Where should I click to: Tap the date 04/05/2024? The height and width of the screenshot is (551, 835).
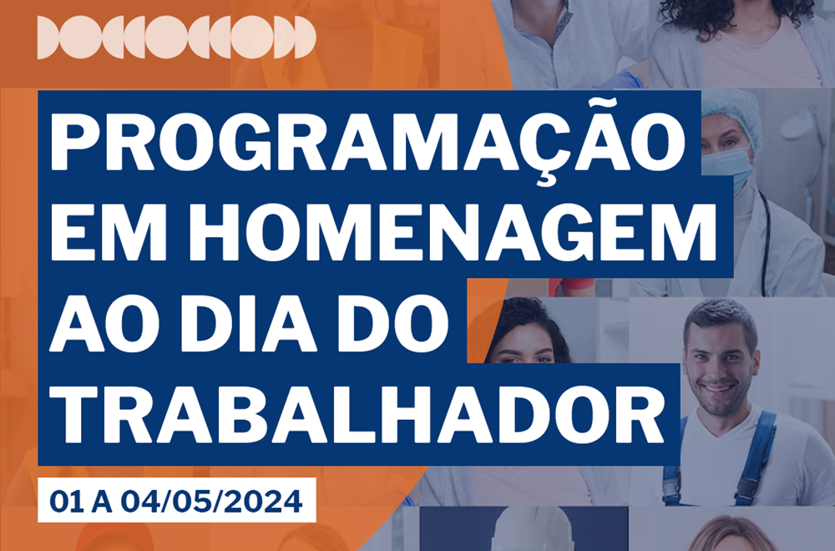pos(211,502)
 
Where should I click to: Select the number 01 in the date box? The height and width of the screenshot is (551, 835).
pos(67,502)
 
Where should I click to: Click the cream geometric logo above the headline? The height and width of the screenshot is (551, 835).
pos(176,38)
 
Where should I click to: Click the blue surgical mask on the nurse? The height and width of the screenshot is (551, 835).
pos(727,163)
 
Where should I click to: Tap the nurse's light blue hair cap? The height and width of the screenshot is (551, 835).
pos(733,114)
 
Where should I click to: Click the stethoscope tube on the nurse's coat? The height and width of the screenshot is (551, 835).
pos(765,240)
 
